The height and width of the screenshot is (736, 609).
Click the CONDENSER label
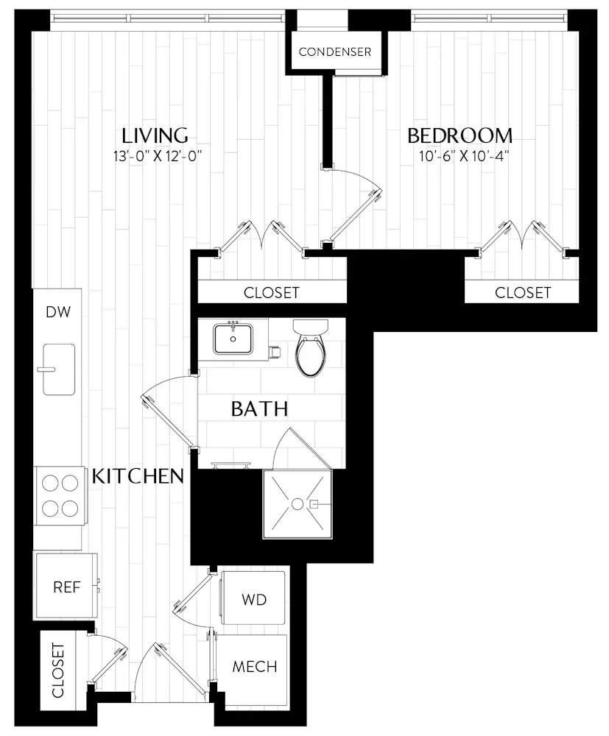coord(334,52)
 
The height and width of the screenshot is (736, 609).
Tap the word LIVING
coord(155,135)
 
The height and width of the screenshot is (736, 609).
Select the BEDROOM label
coord(460,135)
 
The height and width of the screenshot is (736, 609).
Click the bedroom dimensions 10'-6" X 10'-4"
coord(460,155)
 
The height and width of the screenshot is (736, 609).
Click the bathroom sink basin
coord(234,339)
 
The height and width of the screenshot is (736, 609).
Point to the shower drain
coord(297,504)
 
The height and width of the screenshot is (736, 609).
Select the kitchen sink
coord(58,369)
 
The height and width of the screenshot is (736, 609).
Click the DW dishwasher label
coord(57,313)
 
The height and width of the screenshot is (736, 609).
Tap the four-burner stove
coord(59,495)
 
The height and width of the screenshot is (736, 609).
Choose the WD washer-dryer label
coord(253,599)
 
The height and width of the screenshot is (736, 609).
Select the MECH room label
coord(255,667)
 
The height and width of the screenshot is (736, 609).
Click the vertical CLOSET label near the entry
coord(58,670)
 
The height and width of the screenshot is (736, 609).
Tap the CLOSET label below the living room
coord(272,292)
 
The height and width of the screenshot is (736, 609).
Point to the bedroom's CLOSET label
coord(523,292)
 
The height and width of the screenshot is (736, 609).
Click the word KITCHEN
coord(138,476)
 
